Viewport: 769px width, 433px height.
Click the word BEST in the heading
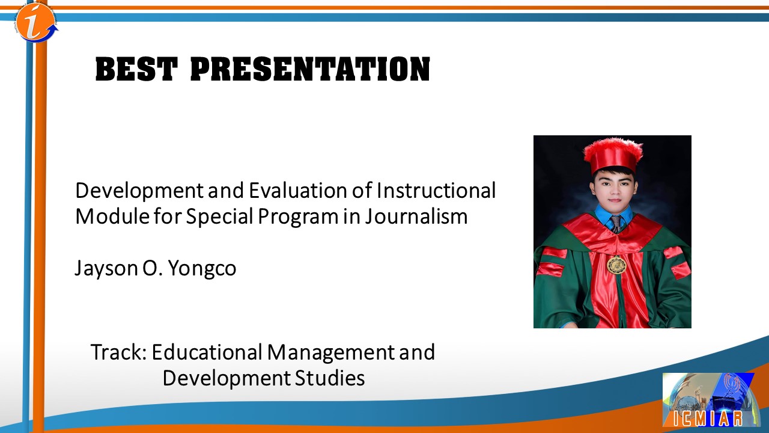tap(136, 69)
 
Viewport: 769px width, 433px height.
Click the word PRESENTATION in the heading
tap(310, 69)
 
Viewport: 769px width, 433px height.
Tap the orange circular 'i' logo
tap(35, 22)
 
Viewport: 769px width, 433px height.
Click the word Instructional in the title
tap(436, 190)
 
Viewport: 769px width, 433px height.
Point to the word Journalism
tap(416, 216)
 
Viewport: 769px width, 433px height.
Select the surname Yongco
tap(202, 268)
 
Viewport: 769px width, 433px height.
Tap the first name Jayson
tap(106, 269)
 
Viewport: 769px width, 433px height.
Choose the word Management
tap(330, 352)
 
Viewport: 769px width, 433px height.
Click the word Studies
tap(330, 378)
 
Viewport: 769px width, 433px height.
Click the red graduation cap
tap(613, 155)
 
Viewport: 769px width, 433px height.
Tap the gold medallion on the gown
tap(616, 265)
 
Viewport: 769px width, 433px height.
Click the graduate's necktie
tap(616, 223)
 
